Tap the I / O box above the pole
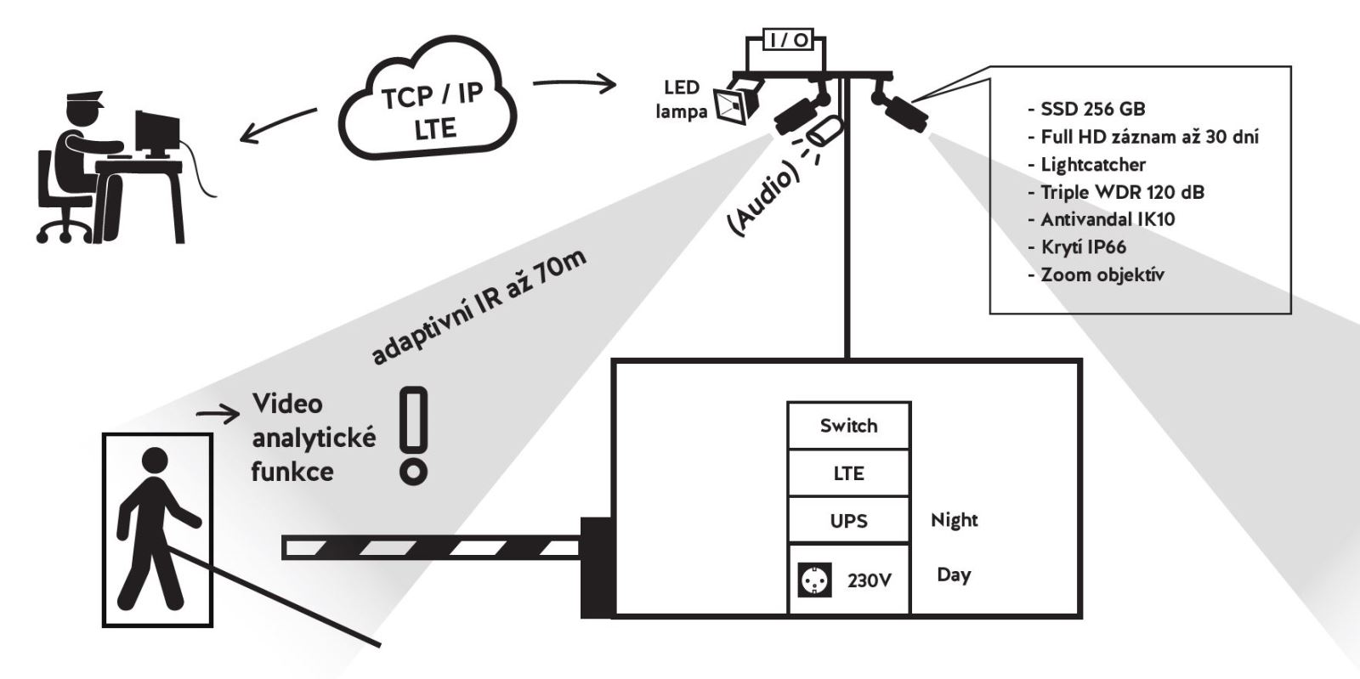tap(788, 40)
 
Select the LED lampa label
tap(682, 99)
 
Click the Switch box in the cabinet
tap(848, 426)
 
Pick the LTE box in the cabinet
tap(848, 473)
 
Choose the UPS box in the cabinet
tap(848, 520)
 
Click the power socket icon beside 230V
tap(811, 580)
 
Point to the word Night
tap(954, 520)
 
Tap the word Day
tap(953, 575)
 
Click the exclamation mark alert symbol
tap(414, 435)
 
